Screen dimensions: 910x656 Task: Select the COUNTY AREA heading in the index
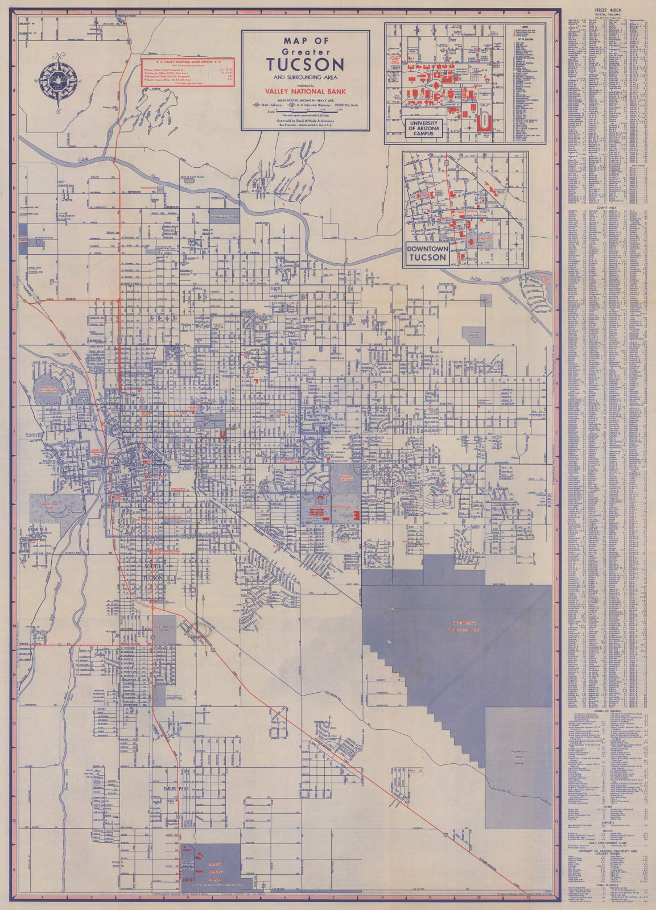607,208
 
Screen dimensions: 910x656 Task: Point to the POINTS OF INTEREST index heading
607,712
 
